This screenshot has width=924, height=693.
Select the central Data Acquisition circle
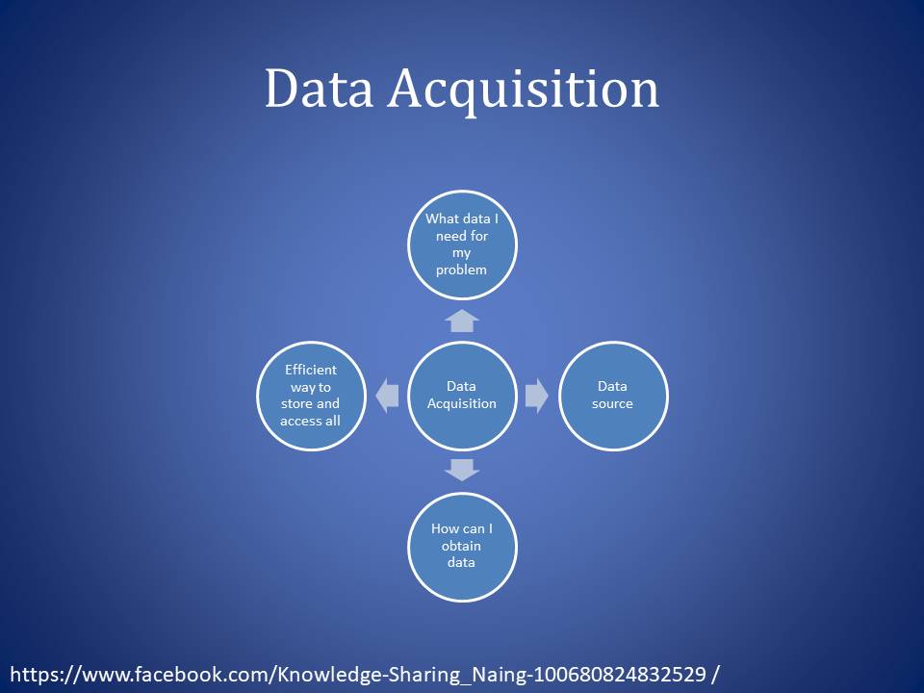(462, 395)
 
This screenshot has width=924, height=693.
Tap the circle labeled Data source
(613, 395)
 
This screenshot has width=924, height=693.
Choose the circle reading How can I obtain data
(462, 546)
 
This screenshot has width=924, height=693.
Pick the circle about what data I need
(462, 244)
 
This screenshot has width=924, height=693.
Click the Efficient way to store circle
(311, 395)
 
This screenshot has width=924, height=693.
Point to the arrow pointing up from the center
(462, 321)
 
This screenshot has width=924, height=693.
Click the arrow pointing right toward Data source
(537, 395)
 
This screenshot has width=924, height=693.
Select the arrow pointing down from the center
(462, 470)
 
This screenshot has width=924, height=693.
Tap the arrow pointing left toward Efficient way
(387, 395)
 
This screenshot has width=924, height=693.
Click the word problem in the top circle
(461, 269)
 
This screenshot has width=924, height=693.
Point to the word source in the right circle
(612, 403)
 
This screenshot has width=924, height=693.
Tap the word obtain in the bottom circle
(461, 546)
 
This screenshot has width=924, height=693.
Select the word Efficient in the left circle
(311, 370)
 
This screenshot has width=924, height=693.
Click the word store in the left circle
(296, 404)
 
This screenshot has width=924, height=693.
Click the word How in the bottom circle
(445, 528)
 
